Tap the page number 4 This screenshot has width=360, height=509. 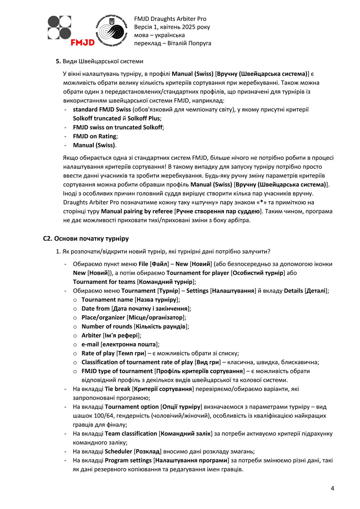click(332, 488)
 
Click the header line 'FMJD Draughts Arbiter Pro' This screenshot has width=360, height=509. click(170, 19)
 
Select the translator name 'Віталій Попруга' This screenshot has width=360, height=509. click(190, 43)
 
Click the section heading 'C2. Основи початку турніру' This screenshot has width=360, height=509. click(86, 238)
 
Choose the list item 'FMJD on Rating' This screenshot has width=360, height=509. click(95, 136)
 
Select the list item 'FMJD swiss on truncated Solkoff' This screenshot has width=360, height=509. click(118, 127)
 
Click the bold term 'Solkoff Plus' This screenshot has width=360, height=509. click(142, 118)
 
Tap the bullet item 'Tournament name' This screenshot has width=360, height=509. click(107, 299)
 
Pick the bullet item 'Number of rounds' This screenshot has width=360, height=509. click(106, 326)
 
